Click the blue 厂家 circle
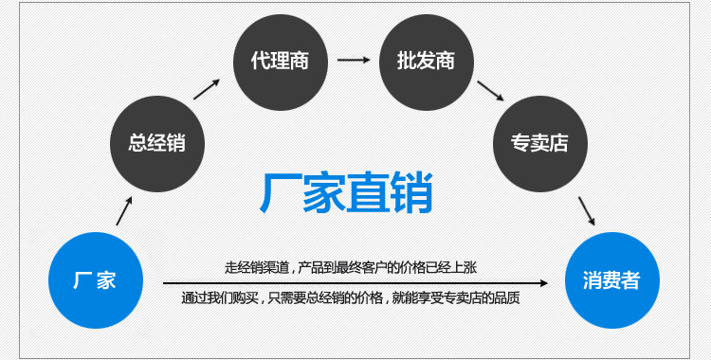95,280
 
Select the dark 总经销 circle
157,144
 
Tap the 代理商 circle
281,61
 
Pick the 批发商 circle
425,61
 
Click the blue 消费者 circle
611,280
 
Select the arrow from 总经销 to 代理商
208,87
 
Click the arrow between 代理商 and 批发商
354,61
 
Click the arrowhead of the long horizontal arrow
544,282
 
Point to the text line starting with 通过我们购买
351,298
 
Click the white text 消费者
611,280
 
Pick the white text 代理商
281,61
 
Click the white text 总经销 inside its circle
157,144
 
